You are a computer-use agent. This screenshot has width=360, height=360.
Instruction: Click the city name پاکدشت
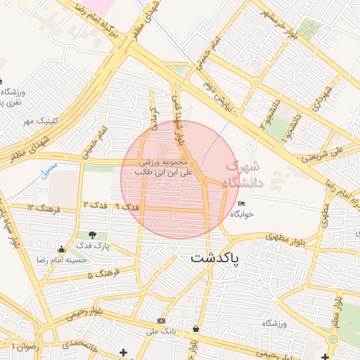(214, 258)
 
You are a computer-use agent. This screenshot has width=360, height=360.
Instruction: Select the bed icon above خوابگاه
(242, 203)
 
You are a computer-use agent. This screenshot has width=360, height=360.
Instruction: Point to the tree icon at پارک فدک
(92, 234)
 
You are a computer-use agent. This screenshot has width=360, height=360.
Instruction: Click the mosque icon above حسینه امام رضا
(61, 249)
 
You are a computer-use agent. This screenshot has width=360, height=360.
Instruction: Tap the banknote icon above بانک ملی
(161, 321)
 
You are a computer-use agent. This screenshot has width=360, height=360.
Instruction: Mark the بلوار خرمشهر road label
(274, 22)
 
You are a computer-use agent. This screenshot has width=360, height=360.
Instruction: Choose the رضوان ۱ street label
(22, 346)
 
